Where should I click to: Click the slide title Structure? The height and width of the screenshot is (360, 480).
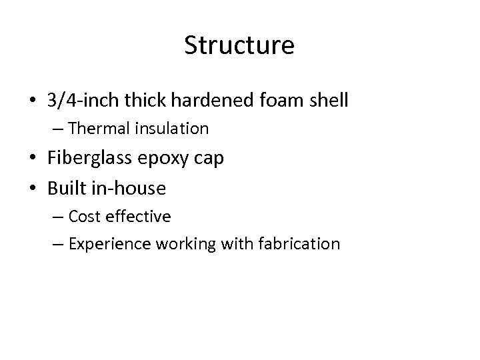(239, 46)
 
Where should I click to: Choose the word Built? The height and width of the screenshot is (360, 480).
(65, 189)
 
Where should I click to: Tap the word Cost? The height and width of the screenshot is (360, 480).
(85, 217)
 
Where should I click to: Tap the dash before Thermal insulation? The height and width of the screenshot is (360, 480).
(58, 129)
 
